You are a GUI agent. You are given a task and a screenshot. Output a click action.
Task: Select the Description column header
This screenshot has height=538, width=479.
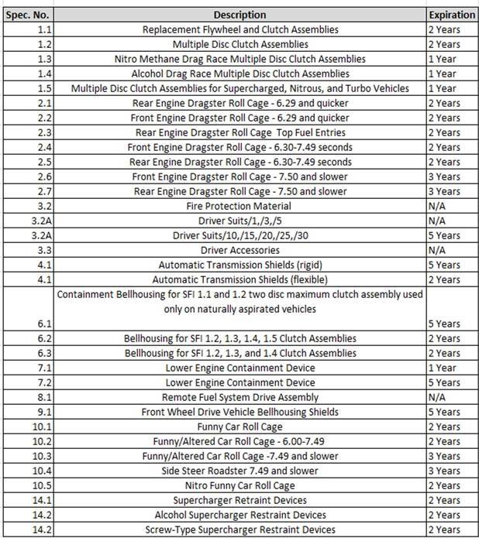(x=239, y=15)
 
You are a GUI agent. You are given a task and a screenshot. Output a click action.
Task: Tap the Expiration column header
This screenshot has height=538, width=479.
(x=451, y=15)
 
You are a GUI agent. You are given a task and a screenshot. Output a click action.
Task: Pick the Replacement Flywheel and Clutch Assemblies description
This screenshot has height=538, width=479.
(x=239, y=29)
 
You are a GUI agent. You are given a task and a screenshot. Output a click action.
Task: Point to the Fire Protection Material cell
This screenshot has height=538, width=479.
(x=239, y=206)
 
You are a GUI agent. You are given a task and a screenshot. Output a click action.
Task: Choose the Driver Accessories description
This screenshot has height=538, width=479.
(x=239, y=250)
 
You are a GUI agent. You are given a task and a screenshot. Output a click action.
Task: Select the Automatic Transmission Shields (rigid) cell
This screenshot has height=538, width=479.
(x=239, y=265)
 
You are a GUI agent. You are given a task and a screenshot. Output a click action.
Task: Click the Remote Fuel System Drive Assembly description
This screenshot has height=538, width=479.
(x=239, y=397)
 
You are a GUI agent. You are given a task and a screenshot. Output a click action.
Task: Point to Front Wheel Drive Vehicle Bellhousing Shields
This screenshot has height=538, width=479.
(x=239, y=412)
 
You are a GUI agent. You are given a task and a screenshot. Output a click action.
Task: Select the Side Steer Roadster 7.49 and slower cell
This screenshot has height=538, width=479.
(x=239, y=471)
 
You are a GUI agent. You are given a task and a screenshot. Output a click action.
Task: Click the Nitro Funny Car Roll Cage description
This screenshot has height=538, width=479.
(x=239, y=485)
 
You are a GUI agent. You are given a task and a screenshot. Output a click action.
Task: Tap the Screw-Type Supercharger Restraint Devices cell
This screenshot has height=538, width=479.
(x=239, y=529)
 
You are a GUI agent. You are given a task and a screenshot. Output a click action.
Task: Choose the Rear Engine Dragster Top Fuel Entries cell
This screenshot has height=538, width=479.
(x=239, y=132)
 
